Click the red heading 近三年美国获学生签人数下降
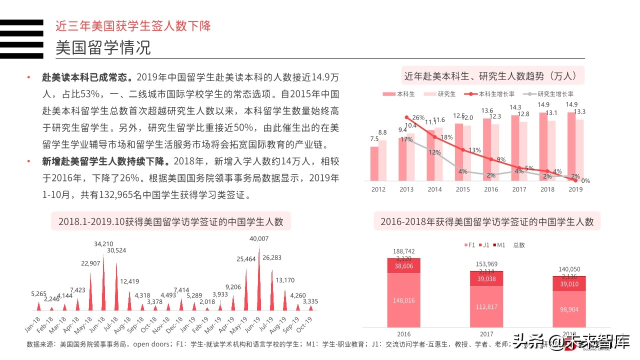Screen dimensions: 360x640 [133, 25]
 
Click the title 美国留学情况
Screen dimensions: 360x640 [103, 48]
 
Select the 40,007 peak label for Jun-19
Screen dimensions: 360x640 [259, 239]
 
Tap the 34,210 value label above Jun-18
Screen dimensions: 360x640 [103, 244]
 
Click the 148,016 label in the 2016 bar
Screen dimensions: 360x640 [403, 300]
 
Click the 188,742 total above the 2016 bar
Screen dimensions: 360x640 [403, 251]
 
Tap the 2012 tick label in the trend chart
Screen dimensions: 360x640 [378, 189]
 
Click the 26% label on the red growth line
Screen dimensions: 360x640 [418, 118]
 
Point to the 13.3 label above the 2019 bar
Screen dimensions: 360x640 [580, 111]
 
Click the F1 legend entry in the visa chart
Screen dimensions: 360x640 [469, 245]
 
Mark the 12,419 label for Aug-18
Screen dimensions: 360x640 [129, 281]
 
